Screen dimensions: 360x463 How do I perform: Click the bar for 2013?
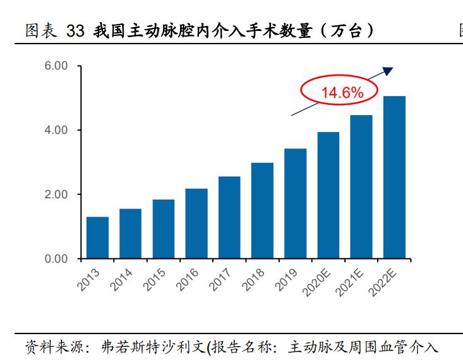point(97,237)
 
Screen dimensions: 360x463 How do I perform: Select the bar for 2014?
point(130,234)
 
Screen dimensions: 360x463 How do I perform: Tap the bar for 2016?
point(196,224)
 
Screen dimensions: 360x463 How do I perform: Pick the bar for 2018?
point(262,211)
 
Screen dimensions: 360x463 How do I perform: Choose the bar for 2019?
point(295,203)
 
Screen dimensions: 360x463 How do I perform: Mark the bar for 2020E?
point(328,195)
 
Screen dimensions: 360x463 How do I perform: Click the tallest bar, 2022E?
point(394,177)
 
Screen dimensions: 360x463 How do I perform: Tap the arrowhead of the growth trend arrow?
point(388,71)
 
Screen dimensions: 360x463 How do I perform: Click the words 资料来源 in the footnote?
point(48,347)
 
